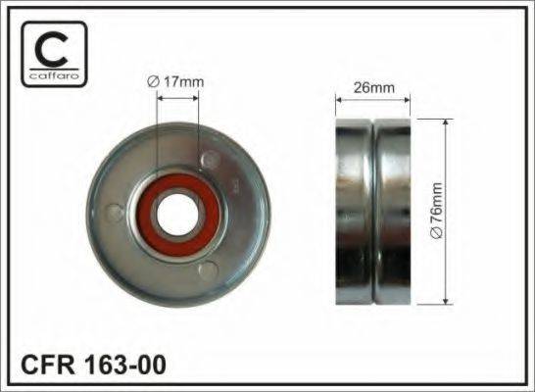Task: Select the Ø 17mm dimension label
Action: click(176, 81)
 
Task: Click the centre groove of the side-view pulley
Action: click(375, 209)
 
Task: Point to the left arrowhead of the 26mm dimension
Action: click(339, 98)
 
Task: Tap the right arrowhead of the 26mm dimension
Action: click(412, 98)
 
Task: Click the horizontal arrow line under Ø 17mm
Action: click(177, 97)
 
